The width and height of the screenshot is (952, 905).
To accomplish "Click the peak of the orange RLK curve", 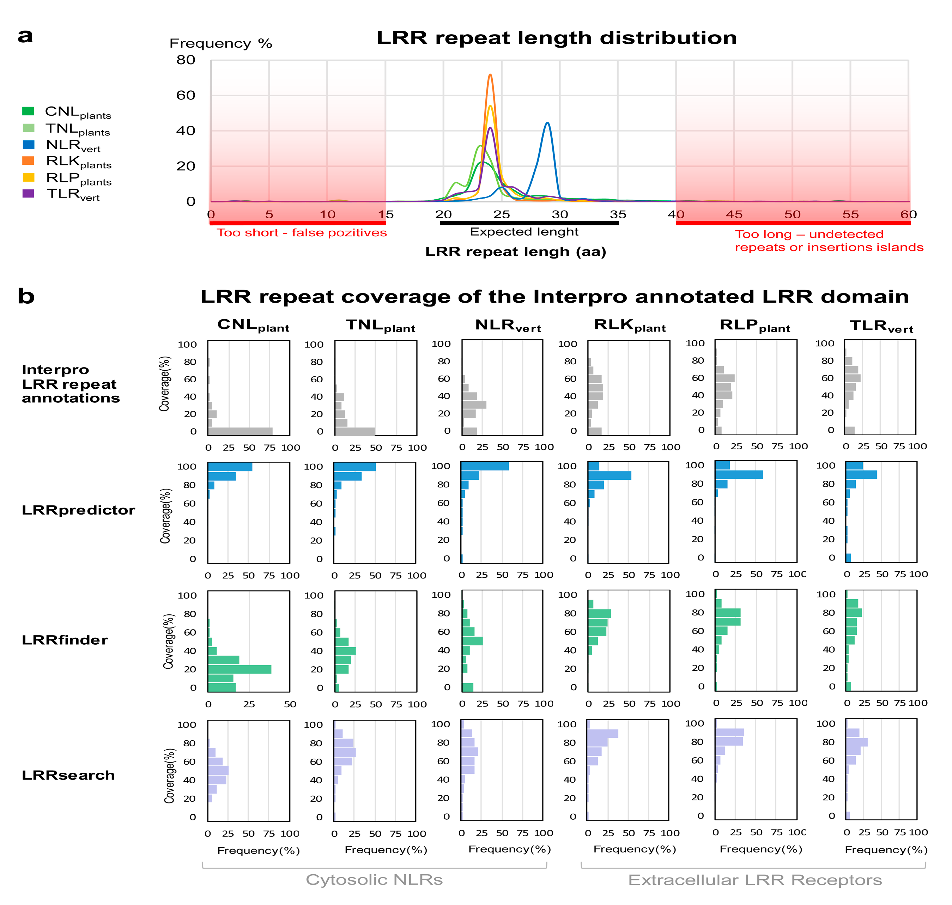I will click(490, 75).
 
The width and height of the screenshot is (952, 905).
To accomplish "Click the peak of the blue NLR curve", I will click(547, 123).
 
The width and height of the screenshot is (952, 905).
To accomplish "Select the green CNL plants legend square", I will click(29, 111).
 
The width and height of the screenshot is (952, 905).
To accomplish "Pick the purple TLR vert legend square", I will click(29, 193).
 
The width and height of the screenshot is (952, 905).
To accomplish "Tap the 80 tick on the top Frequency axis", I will click(186, 60).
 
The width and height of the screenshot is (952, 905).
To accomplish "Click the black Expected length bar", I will click(529, 223).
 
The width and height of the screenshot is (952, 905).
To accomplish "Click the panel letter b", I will click(26, 296).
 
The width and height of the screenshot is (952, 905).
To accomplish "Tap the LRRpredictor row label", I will click(78, 510).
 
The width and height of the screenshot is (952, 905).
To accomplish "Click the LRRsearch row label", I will click(68, 775).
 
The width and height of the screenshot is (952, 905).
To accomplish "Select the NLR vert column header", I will click(508, 326).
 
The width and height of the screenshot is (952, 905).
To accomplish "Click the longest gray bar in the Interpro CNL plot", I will click(240, 431).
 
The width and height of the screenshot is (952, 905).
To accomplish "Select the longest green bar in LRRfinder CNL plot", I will click(239, 669).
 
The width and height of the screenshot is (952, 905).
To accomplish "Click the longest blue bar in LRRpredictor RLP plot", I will click(739, 475).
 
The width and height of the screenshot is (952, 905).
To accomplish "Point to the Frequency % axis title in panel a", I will click(221, 44).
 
